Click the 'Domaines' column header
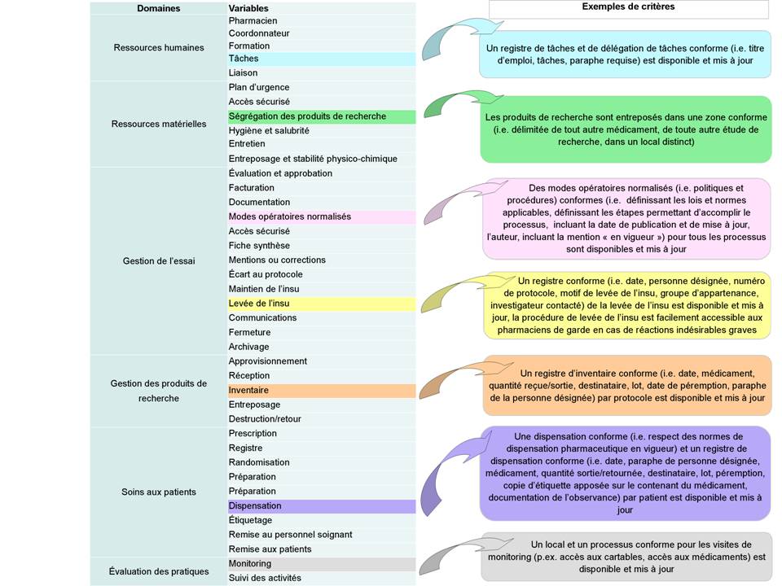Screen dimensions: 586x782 tap(159, 8)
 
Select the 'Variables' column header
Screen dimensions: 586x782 tap(248, 8)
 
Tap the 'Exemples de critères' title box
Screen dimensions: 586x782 tap(628, 8)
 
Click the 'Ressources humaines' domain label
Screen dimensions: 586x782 tap(159, 47)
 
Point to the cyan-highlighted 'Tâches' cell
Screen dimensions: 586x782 tap(321, 59)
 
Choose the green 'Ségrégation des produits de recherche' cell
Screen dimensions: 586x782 tap(321, 116)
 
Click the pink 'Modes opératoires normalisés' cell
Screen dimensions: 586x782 tap(321, 217)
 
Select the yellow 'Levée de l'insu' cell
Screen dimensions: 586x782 tap(321, 304)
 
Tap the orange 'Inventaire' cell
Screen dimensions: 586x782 tap(321, 391)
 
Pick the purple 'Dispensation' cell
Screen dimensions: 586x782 tap(321, 506)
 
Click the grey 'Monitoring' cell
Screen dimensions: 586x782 tap(321, 564)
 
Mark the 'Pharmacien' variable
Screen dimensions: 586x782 tap(253, 20)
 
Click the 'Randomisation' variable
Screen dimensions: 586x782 tap(259, 462)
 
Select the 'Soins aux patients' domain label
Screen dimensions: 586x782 tap(159, 492)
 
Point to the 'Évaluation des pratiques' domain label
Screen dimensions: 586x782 tap(159, 571)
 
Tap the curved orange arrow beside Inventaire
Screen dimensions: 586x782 tap(448, 374)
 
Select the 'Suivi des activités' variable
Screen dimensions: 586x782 tap(265, 579)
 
